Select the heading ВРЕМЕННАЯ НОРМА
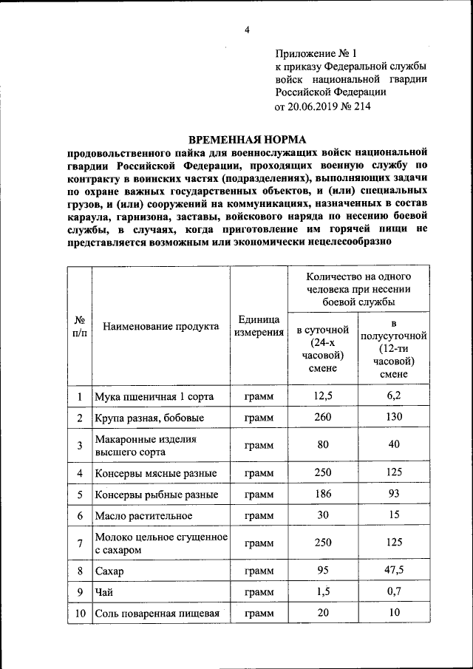coord(247,139)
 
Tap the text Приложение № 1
coord(316,53)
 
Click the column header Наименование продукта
coord(160,326)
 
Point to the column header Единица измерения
coord(259,326)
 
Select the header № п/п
coord(79,326)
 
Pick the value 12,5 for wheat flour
coord(323,396)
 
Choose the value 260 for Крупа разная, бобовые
coord(323,417)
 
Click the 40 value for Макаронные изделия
coord(394,444)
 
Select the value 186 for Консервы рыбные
coord(323,493)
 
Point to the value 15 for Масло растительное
coord(394,515)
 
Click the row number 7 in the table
coord(79,543)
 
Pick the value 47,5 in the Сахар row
coord(394,571)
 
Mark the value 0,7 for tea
coord(394,591)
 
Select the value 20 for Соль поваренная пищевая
coord(323,613)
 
